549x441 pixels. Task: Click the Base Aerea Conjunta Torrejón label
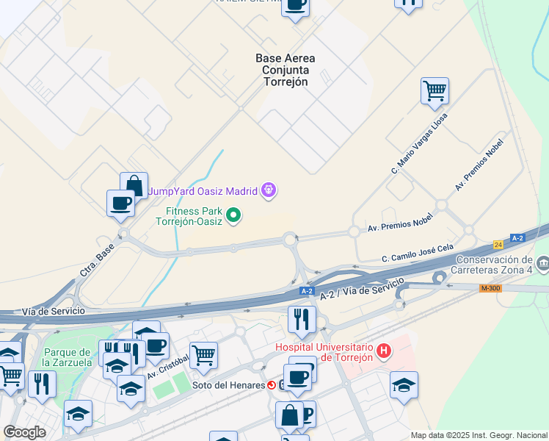pyautogui.click(x=286, y=70)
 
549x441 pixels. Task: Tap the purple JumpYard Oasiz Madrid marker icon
pyautogui.click(x=269, y=191)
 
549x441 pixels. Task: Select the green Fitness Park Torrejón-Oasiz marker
pyautogui.click(x=233, y=215)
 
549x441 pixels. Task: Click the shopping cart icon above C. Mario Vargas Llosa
pyautogui.click(x=435, y=91)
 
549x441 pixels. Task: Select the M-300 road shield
pyautogui.click(x=490, y=288)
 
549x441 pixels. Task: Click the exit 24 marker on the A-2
pyautogui.click(x=498, y=243)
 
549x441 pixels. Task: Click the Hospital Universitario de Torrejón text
pyautogui.click(x=324, y=353)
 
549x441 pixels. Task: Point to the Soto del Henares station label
pyautogui.click(x=228, y=385)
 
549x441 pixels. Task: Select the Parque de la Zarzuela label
pyautogui.click(x=65, y=357)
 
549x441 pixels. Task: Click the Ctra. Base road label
pyautogui.click(x=95, y=261)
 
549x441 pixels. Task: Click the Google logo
pyautogui.click(x=24, y=432)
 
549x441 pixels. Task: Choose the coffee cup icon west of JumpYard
pyautogui.click(x=120, y=204)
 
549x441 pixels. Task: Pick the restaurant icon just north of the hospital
pyautogui.click(x=302, y=319)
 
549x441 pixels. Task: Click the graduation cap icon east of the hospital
pyautogui.click(x=404, y=385)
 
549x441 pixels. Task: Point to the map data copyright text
pyautogui.click(x=479, y=435)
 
